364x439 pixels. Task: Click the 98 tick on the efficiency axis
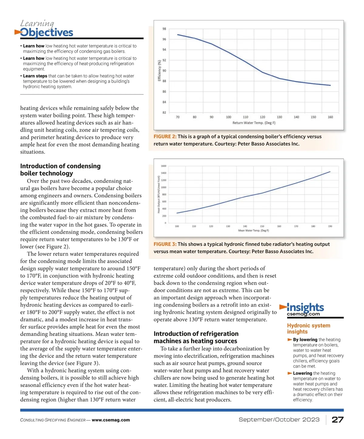[x=164, y=29]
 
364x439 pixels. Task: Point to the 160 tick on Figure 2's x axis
[x=330, y=117]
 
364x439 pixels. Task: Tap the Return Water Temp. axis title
[x=254, y=123]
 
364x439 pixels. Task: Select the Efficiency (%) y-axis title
[x=159, y=71]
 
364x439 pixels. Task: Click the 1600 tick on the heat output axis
[x=163, y=166]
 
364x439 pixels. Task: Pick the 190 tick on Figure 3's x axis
[x=330, y=226]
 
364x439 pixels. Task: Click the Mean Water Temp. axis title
[x=253, y=231]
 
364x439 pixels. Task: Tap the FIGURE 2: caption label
[x=165, y=137]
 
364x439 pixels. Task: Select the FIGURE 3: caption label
[x=165, y=244]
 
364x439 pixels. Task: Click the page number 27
[x=338, y=420]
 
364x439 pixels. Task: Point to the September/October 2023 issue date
[x=279, y=420]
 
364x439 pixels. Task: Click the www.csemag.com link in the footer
[x=111, y=420]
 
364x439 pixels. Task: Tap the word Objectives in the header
[x=47, y=32]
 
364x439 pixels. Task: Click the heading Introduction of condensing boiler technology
[x=60, y=170]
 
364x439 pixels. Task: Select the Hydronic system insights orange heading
[x=308, y=328]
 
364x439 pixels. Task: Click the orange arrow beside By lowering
[x=290, y=340]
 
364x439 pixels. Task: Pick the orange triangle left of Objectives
[x=18, y=32]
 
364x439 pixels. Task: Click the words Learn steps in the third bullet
[x=35, y=76]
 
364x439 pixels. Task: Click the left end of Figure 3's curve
[x=177, y=213]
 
